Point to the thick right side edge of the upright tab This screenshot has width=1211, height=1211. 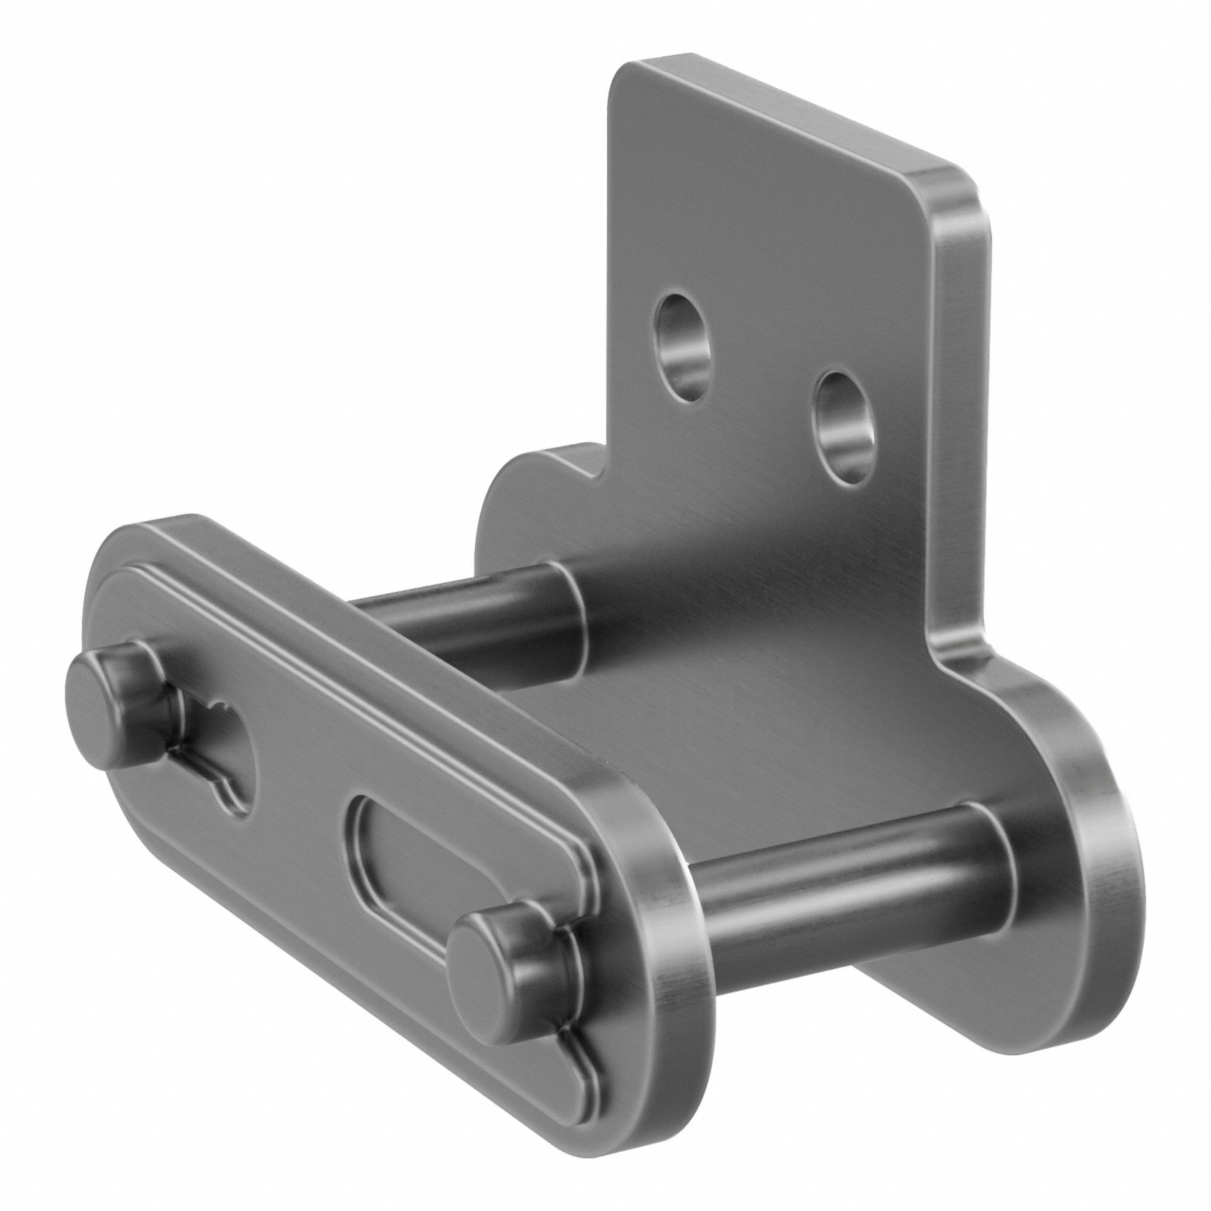click(959, 439)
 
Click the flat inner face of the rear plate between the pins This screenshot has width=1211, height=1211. click(721, 708)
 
